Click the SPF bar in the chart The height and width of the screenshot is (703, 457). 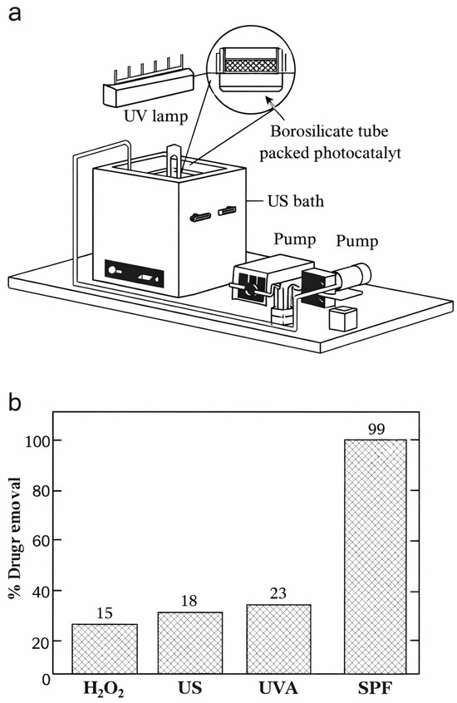pyautogui.click(x=375, y=557)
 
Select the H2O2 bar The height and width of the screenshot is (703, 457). pyautogui.click(x=105, y=649)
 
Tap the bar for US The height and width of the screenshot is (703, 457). pyautogui.click(x=190, y=643)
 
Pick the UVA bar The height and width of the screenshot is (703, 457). pyautogui.click(x=278, y=639)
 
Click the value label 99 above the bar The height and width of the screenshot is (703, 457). pyautogui.click(x=376, y=429)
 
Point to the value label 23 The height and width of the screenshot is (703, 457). pyautogui.click(x=278, y=593)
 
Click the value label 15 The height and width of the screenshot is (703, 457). pyautogui.click(x=105, y=613)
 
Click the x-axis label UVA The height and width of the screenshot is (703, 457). pyautogui.click(x=278, y=688)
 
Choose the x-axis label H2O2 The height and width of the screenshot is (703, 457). pyautogui.click(x=104, y=689)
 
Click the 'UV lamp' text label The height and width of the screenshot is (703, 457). pyautogui.click(x=155, y=116)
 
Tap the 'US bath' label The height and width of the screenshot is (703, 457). pyautogui.click(x=296, y=200)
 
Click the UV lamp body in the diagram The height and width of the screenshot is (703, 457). pyautogui.click(x=149, y=86)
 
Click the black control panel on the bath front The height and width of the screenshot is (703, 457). pyautogui.click(x=134, y=273)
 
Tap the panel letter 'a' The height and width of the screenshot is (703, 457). pyautogui.click(x=15, y=13)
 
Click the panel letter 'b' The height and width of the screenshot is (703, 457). pyautogui.click(x=15, y=402)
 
